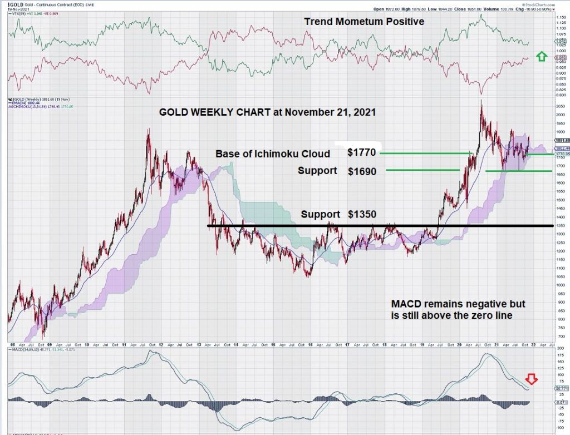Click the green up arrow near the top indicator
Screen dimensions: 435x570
[539, 56]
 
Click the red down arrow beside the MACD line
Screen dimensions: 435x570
[532, 380]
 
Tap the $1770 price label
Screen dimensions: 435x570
[361, 153]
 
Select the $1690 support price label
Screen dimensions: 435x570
[361, 171]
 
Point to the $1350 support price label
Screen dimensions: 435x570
[362, 214]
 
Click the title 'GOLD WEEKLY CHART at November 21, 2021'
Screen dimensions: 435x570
[267, 112]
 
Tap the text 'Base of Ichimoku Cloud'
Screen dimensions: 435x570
[273, 154]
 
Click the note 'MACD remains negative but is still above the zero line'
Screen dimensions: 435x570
[458, 310]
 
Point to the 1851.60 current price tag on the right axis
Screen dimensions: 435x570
[561, 140]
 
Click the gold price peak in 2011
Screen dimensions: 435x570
[148, 130]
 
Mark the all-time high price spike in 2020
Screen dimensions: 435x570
[480, 102]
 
